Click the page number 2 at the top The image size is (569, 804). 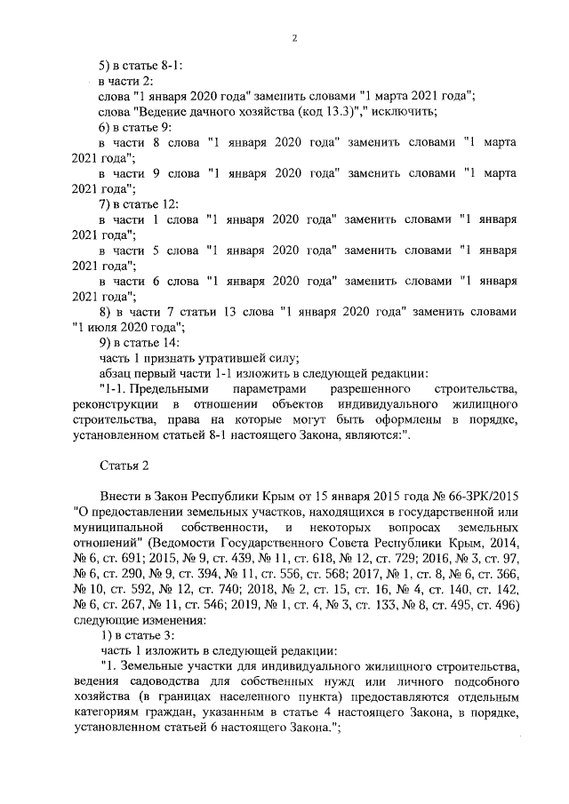tap(293, 38)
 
